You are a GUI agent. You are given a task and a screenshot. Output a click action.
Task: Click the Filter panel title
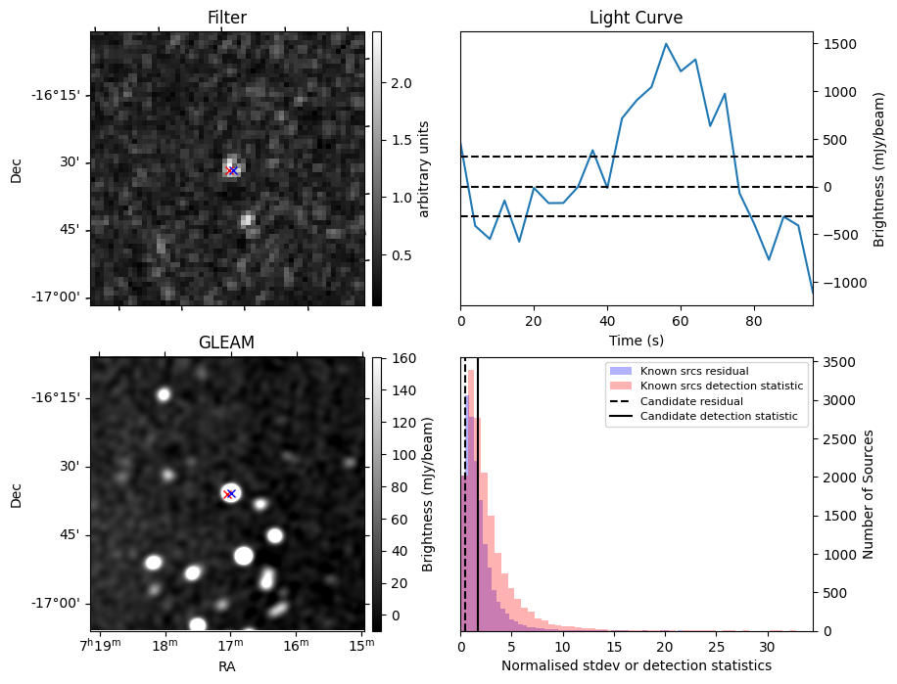pyautogui.click(x=226, y=18)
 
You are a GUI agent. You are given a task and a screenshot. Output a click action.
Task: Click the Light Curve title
pyautogui.click(x=636, y=18)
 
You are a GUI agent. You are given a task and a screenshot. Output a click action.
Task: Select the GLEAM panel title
pyautogui.click(x=226, y=342)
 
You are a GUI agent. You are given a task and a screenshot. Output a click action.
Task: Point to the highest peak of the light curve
pyautogui.click(x=666, y=44)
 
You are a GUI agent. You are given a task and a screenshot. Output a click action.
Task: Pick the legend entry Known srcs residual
pyautogui.click(x=694, y=371)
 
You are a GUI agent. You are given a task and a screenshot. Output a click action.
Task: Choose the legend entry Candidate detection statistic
pyautogui.click(x=718, y=417)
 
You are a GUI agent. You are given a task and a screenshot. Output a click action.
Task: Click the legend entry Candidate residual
pyautogui.click(x=690, y=401)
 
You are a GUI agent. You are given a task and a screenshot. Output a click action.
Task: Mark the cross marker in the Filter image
pyautogui.click(x=232, y=170)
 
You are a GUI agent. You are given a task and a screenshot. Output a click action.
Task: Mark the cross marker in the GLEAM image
pyautogui.click(x=230, y=493)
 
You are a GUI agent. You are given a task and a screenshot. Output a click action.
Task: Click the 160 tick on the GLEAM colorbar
pyautogui.click(x=401, y=359)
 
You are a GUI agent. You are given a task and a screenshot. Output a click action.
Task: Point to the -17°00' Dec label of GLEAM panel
pyautogui.click(x=60, y=604)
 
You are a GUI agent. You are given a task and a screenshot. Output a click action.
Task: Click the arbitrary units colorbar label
pyautogui.click(x=424, y=168)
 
